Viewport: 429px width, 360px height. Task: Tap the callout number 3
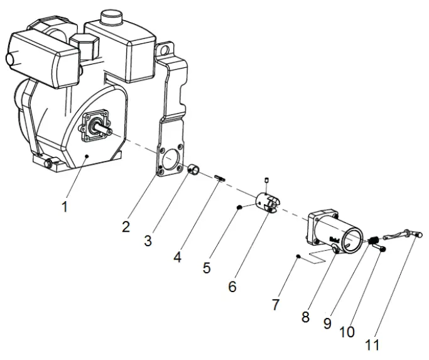tap(148, 240)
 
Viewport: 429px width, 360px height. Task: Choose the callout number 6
tap(232, 287)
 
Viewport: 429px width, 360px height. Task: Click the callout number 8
tap(306, 317)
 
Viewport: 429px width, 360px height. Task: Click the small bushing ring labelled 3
tap(194, 169)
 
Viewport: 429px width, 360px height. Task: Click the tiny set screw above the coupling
tap(267, 183)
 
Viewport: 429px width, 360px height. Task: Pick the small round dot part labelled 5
tap(239, 207)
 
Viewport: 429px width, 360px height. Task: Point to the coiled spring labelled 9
tap(373, 240)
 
